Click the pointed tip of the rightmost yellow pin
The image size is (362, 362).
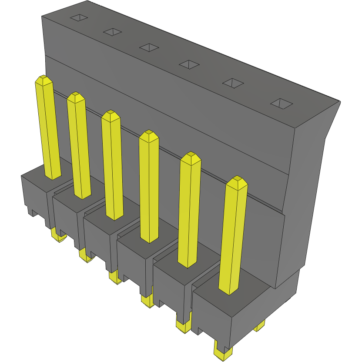237,180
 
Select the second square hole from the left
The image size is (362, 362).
112,32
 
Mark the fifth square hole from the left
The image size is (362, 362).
234,83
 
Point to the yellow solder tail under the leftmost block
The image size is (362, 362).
57,236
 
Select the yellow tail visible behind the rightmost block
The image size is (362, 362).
260,326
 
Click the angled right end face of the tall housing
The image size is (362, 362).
305,196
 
